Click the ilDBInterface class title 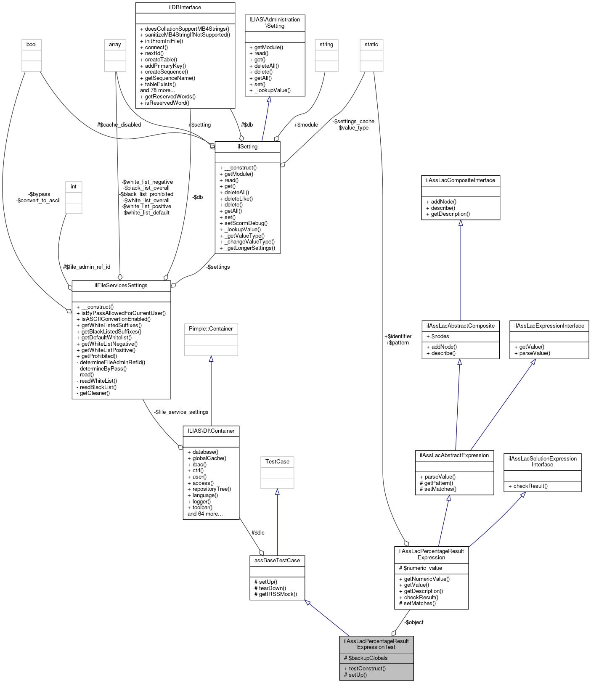(x=185, y=8)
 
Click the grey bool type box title (x=32, y=45)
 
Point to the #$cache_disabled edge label (x=119, y=125)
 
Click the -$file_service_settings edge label (x=181, y=412)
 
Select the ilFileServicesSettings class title (x=121, y=286)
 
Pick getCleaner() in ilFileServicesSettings (x=94, y=393)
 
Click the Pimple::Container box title (x=211, y=329)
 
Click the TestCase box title (x=277, y=462)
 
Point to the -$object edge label (x=414, y=622)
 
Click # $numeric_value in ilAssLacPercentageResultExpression (x=422, y=568)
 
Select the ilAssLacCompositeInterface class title (x=461, y=180)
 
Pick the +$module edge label (x=306, y=125)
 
